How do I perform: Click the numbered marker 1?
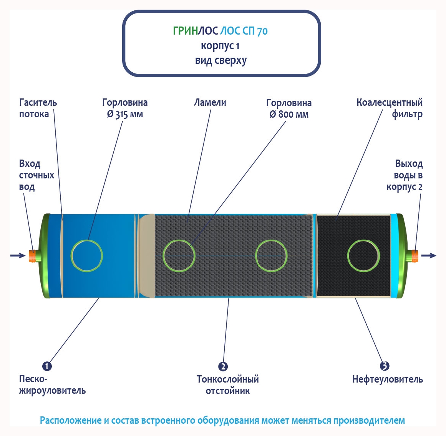(47, 366)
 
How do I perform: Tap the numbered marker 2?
(223, 366)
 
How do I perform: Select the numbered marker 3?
(384, 366)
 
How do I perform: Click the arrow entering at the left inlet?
(18, 255)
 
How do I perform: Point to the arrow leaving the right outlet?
(429, 255)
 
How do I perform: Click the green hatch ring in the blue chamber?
(87, 256)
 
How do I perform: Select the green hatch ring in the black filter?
(363, 256)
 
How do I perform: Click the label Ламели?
(210, 103)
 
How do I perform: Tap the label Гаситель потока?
(38, 108)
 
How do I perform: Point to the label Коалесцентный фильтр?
(390, 108)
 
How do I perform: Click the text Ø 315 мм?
(125, 115)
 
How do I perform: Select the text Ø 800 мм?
(289, 115)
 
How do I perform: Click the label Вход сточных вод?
(36, 175)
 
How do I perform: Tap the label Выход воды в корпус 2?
(405, 175)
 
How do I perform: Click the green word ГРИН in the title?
(185, 31)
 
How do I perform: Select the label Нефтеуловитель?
(388, 379)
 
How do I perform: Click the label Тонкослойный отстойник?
(228, 385)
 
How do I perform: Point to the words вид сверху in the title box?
(221, 61)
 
